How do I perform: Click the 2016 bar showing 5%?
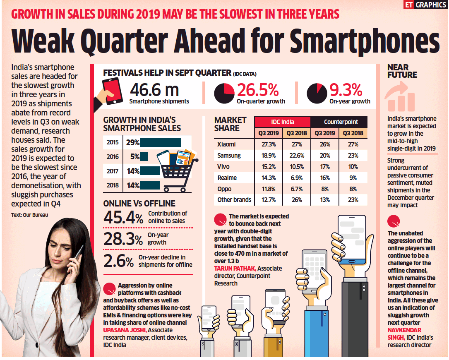(x=144, y=157)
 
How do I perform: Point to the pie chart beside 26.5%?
(x=224, y=93)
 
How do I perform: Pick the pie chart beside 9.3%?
(x=317, y=93)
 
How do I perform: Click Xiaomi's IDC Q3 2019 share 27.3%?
(x=268, y=144)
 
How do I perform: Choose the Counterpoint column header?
(x=340, y=122)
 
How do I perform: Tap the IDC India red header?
(x=282, y=122)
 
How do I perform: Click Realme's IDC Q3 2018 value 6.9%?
(x=296, y=178)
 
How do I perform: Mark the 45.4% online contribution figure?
(x=124, y=217)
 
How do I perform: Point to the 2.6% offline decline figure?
(x=118, y=261)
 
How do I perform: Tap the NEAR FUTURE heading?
(x=402, y=71)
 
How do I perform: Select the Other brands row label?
(x=234, y=200)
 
